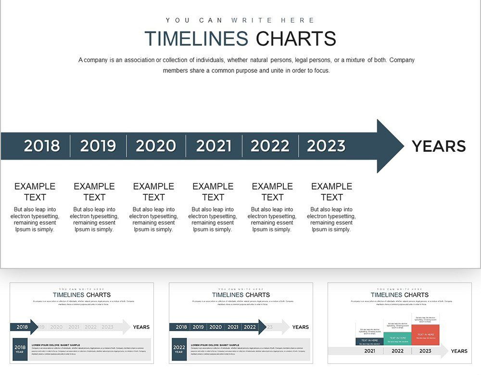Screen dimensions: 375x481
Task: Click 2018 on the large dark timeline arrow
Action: (42, 146)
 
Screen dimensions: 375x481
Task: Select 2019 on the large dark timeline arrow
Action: (98, 146)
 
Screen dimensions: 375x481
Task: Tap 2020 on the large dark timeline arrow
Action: (156, 146)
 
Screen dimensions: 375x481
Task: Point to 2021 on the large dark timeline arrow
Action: (214, 146)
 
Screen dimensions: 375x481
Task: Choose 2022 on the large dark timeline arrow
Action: (270, 146)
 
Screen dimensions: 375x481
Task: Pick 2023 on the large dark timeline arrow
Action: (326, 146)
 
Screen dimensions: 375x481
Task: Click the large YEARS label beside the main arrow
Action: (439, 146)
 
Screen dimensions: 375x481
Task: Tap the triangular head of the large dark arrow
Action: (389, 146)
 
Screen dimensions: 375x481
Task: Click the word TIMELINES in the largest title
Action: (196, 39)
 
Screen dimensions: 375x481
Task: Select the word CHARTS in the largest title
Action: (296, 39)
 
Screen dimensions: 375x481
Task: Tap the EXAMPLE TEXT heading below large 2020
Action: (154, 191)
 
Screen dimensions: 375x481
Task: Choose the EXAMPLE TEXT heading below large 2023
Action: (332, 191)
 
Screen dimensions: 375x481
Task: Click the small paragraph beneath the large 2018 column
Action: (35, 219)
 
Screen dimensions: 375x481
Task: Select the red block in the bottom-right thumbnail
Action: (425, 335)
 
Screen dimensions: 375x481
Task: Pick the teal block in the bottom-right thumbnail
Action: (397, 338)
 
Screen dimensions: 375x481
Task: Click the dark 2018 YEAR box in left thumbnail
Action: (20, 349)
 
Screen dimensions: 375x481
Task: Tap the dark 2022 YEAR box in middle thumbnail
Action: (179, 349)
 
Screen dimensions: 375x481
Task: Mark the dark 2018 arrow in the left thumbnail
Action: (24, 327)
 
